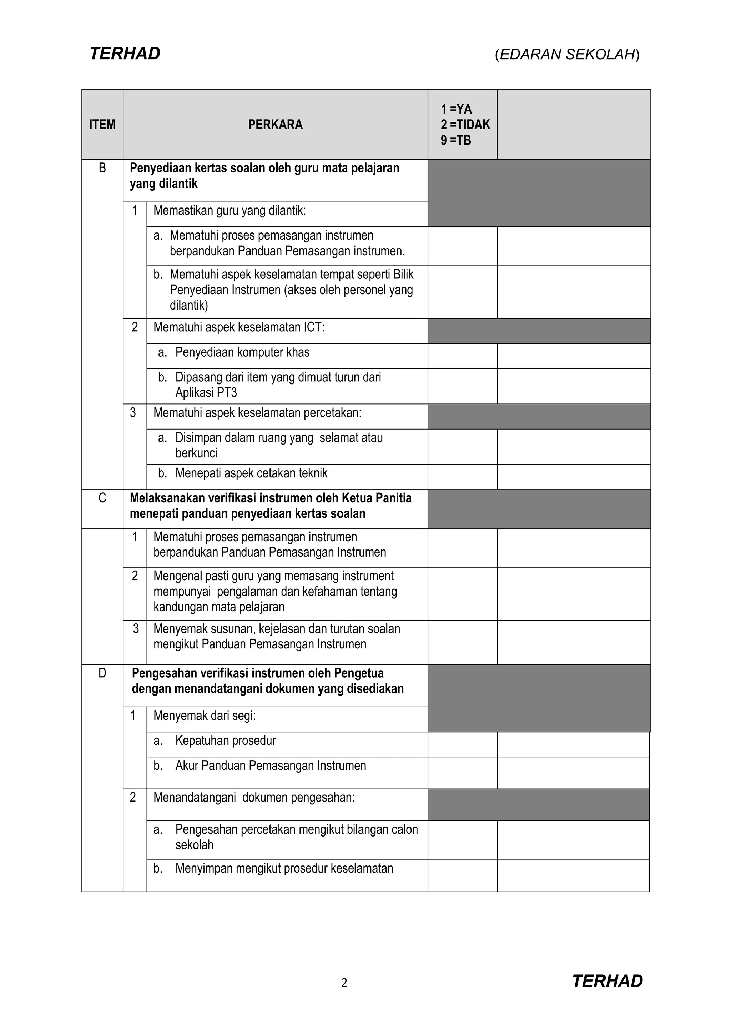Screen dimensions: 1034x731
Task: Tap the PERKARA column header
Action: (275, 125)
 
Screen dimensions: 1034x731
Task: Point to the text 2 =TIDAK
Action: (465, 125)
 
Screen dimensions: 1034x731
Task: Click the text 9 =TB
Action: (455, 140)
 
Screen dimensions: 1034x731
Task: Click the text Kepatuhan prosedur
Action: (225, 741)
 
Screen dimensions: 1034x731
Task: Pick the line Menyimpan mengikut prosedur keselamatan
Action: (284, 868)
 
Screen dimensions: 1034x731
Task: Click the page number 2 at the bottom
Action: (344, 983)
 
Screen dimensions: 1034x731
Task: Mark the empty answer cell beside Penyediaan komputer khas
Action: (462, 356)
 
